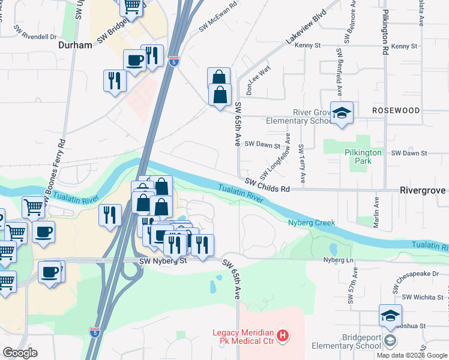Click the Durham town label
click(x=75, y=45)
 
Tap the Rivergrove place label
click(x=423, y=190)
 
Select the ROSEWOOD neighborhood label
click(x=396, y=110)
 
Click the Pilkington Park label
click(x=363, y=157)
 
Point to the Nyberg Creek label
click(x=311, y=223)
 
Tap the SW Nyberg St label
click(x=163, y=261)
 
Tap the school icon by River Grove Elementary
click(x=342, y=112)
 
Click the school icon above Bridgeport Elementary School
click(x=390, y=315)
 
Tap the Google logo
click(x=20, y=353)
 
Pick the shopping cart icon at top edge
click(x=131, y=7)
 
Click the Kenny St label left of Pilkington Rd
click(x=309, y=45)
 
